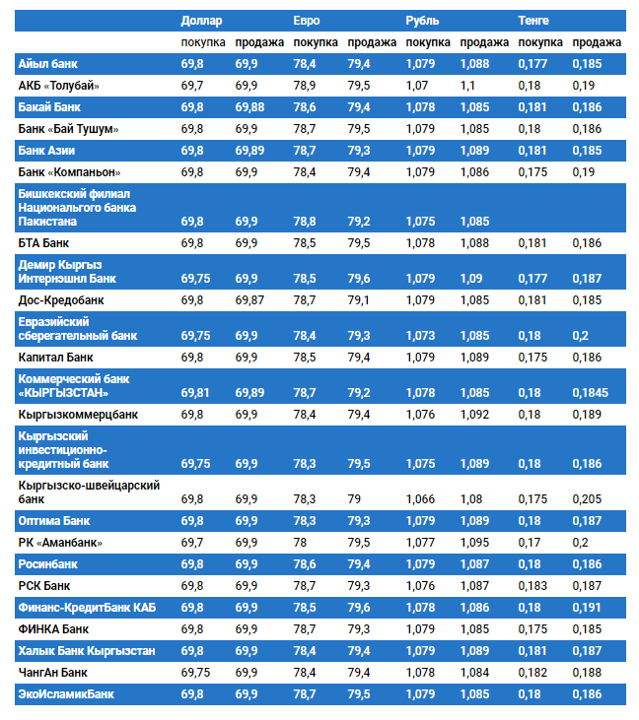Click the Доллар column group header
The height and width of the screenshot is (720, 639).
pyautogui.click(x=202, y=20)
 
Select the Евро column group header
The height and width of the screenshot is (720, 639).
pyautogui.click(x=307, y=20)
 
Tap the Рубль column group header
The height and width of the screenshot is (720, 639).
pyautogui.click(x=422, y=20)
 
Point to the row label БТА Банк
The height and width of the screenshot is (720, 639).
pyautogui.click(x=44, y=242)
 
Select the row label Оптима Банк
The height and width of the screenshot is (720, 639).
pyautogui.click(x=54, y=520)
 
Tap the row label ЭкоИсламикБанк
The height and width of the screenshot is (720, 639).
pyautogui.click(x=66, y=694)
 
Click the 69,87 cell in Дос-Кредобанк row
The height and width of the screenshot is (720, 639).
pyautogui.click(x=249, y=299)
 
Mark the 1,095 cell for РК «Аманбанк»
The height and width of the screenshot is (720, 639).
pyautogui.click(x=476, y=543)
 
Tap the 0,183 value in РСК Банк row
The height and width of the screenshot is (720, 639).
pyautogui.click(x=533, y=586)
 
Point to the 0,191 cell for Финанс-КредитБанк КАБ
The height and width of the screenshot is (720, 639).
pyautogui.click(x=587, y=608)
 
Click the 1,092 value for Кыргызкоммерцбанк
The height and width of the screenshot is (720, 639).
pyautogui.click(x=476, y=415)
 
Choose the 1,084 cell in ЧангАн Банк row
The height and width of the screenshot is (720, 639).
pyautogui.click(x=476, y=673)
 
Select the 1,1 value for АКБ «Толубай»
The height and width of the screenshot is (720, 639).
pyautogui.click(x=467, y=86)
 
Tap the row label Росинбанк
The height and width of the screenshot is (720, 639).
pyautogui.click(x=48, y=564)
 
